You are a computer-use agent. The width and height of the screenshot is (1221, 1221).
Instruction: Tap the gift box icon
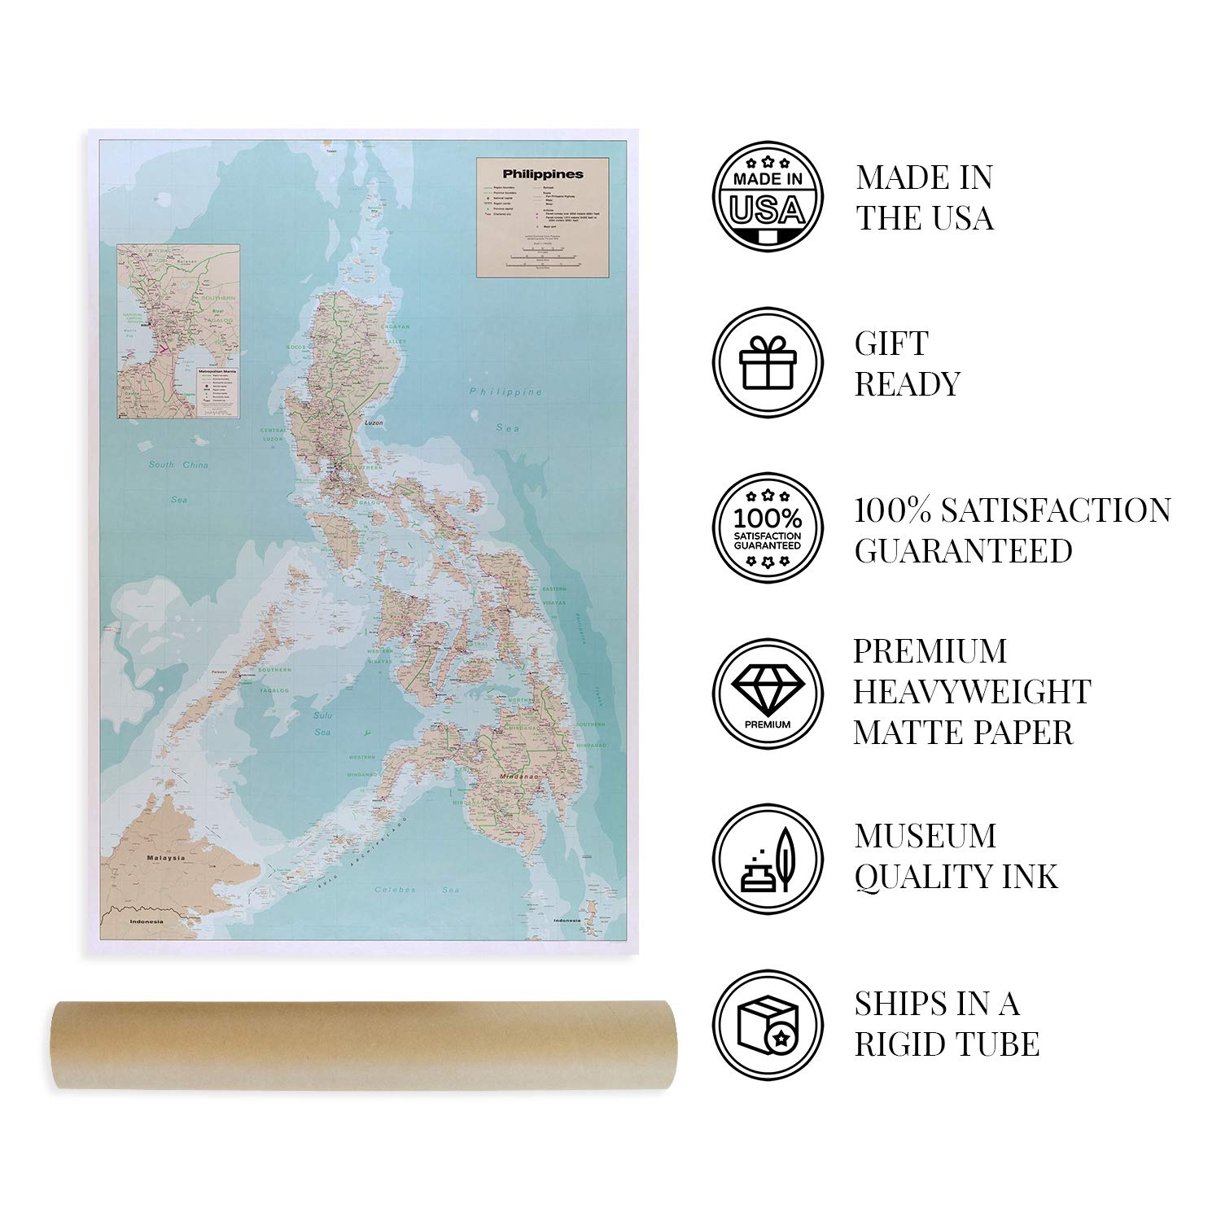point(768,361)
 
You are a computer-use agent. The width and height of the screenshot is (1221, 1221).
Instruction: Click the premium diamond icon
point(768,693)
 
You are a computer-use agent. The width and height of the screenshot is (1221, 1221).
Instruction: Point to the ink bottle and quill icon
point(768,859)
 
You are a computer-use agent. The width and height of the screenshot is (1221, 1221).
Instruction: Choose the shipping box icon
point(768,1024)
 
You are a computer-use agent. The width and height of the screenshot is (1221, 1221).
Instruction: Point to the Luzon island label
point(374,423)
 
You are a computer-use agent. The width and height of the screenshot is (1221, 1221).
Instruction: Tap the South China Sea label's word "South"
point(161,465)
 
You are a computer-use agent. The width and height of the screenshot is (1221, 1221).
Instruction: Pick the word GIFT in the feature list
point(891,344)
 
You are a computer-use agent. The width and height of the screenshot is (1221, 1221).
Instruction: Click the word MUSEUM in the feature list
point(925,837)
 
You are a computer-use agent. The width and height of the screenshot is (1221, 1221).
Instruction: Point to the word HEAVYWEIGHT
point(971,692)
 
